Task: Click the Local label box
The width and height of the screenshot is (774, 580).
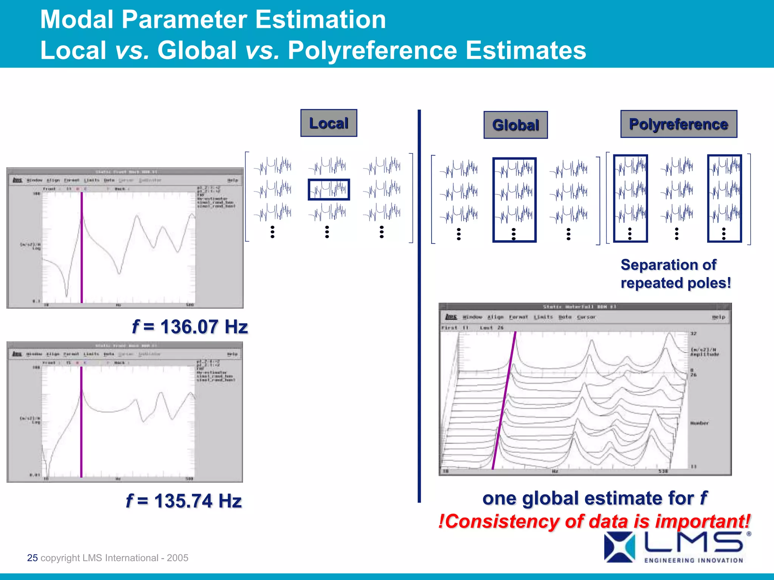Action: [328, 123]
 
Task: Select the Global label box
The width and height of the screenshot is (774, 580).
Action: [515, 125]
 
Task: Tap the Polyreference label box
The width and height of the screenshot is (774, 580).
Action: [678, 124]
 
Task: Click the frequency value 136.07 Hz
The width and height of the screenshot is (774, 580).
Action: [190, 327]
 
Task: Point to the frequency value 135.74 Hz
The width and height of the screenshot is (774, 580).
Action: [184, 501]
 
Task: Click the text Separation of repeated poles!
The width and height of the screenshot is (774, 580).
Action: [675, 274]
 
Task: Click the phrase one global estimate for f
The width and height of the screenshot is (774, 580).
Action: [594, 498]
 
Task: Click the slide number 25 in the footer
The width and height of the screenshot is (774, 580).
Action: [33, 558]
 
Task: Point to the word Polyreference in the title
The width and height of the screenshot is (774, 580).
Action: [372, 50]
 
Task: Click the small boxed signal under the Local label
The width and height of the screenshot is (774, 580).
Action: [328, 189]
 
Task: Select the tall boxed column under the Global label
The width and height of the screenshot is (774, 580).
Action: [514, 199]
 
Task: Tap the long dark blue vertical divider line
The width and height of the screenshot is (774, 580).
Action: [419, 306]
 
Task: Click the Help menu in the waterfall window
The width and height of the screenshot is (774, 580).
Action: [718, 317]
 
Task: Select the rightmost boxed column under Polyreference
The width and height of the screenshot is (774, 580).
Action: [724, 198]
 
